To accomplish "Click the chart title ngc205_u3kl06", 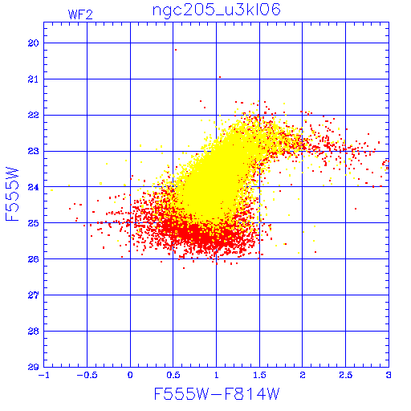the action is click(217, 10).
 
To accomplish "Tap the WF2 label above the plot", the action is click(80, 14).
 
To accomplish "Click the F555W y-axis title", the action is click(12, 194).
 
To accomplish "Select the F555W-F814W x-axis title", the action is click(217, 393).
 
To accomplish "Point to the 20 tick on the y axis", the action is click(33, 43).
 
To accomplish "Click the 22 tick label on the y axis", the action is click(33, 115).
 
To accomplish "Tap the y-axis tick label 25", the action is click(33, 223).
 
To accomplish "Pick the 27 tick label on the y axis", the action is click(33, 295).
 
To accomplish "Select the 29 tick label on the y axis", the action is click(33, 367).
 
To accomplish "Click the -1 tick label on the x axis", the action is click(44, 375).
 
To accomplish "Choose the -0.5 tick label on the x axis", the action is click(87, 375).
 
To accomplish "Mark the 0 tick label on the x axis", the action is click(130, 375).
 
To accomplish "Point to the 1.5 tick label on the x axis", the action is click(259, 375).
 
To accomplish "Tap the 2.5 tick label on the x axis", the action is click(345, 375).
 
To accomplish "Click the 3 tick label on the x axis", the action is click(389, 375).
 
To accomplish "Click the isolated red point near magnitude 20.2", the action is click(176, 50).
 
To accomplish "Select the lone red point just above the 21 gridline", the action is click(220, 77).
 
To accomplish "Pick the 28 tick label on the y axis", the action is click(33, 332).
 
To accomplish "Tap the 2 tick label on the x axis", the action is click(303, 375).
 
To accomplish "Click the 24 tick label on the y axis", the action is click(33, 187).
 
